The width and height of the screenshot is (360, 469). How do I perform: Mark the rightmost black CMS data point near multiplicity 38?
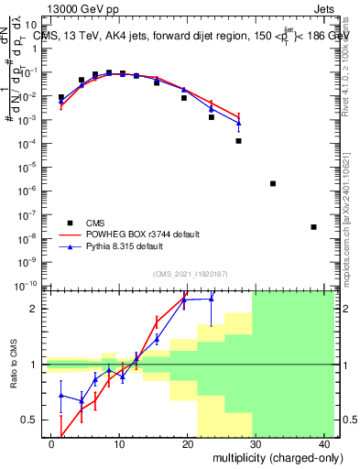313,227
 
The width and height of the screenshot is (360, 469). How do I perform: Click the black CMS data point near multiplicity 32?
273,183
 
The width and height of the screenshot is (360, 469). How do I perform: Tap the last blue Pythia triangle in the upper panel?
238,123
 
